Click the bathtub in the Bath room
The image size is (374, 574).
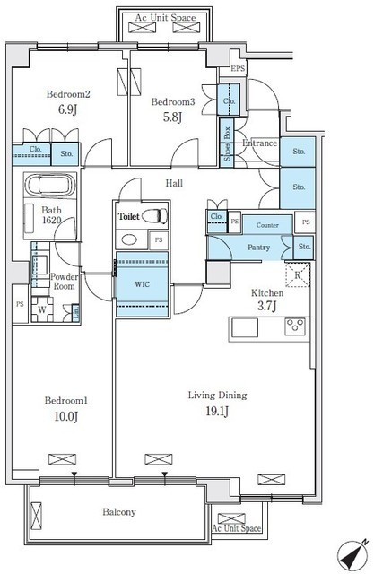(50, 185)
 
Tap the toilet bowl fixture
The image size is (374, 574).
(154, 216)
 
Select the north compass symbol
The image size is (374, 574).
(352, 554)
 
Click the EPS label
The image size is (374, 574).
(238, 68)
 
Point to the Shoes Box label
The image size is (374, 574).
(227, 143)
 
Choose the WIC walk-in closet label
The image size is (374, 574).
(142, 284)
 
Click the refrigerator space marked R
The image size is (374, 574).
(298, 274)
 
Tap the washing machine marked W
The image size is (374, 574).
(42, 309)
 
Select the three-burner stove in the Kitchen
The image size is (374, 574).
(295, 326)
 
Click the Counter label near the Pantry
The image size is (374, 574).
(267, 225)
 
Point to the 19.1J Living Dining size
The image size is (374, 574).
(217, 412)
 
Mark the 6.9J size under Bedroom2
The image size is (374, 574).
(67, 109)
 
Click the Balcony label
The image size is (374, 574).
(119, 512)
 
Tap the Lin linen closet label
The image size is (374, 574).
(76, 313)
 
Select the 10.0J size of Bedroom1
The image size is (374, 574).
(65, 416)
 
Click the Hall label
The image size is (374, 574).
(174, 183)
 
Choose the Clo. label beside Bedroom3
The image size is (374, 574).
(229, 100)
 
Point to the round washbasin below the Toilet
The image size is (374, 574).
(129, 240)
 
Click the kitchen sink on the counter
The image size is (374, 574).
(245, 327)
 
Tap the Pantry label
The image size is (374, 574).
(258, 248)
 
